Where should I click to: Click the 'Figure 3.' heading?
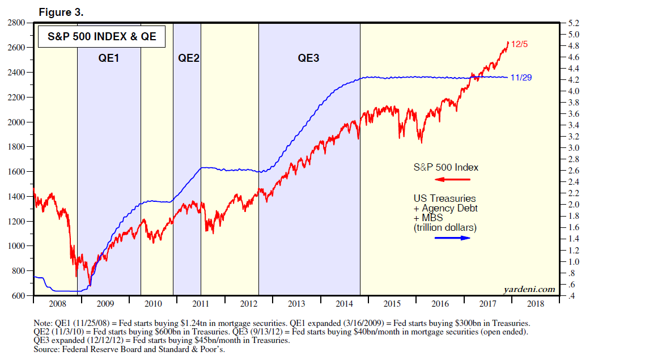(61, 12)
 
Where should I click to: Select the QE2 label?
(189, 58)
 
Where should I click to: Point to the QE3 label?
(309, 58)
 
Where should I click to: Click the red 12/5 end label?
(520, 44)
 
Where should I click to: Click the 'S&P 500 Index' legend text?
(445, 168)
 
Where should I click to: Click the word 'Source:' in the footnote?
(48, 350)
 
